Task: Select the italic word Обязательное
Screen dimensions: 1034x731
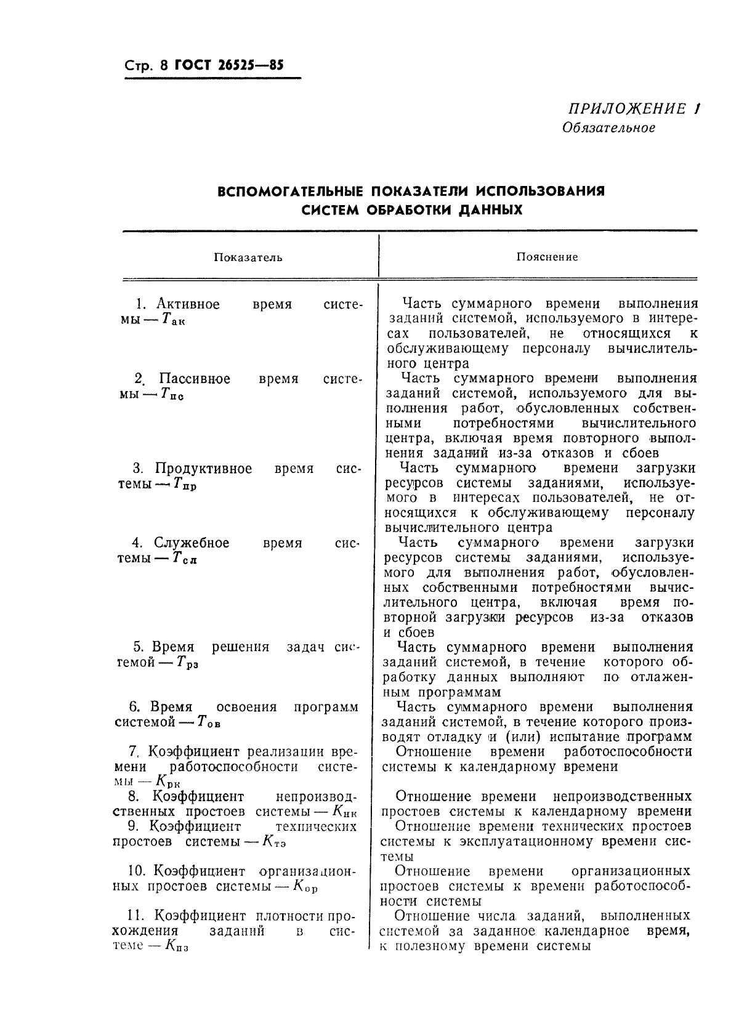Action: [608, 128]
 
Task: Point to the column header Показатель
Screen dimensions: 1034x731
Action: [248, 257]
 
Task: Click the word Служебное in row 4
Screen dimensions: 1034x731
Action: [191, 543]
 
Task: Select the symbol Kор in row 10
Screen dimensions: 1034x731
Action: [305, 887]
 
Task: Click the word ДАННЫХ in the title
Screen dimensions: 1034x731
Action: [490, 210]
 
